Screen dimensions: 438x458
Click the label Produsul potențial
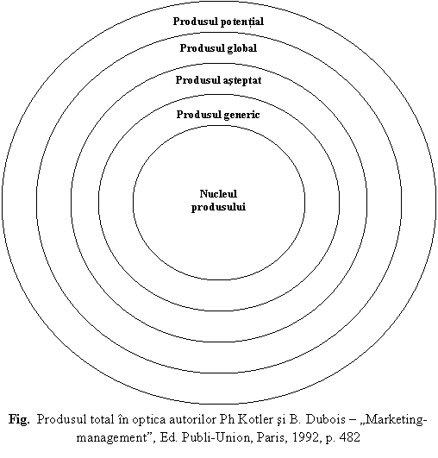click(x=218, y=22)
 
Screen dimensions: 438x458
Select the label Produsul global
click(x=218, y=48)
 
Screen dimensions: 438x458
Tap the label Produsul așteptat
click(x=218, y=80)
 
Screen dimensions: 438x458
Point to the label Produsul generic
click(x=218, y=115)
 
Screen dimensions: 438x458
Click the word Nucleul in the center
click(x=218, y=194)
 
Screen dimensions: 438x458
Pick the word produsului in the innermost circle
click(x=218, y=207)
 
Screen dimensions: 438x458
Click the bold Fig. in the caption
click(x=19, y=420)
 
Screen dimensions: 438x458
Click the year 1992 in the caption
click(x=305, y=437)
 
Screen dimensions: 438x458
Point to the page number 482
click(x=350, y=437)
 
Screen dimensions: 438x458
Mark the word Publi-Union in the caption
click(x=216, y=437)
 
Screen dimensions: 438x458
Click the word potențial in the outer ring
click(x=242, y=22)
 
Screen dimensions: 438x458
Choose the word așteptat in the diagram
click(x=240, y=81)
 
